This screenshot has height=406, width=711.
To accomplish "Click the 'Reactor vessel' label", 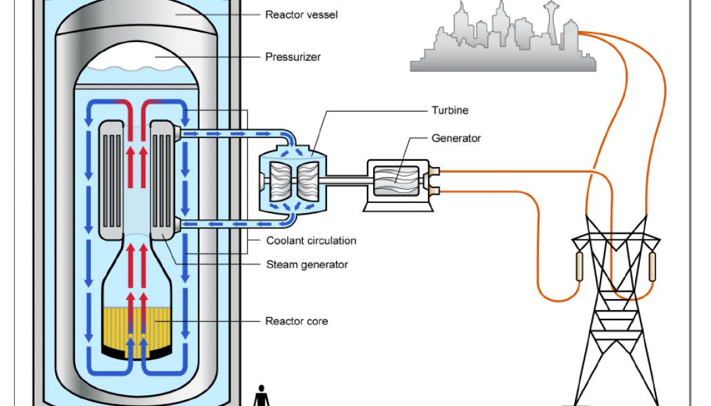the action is click(x=301, y=15).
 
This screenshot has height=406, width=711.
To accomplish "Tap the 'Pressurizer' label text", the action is click(x=293, y=57).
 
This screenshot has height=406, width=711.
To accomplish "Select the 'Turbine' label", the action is click(x=450, y=110).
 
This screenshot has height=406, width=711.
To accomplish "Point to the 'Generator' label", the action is click(x=456, y=138).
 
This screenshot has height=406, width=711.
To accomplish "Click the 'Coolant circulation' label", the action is click(x=311, y=241).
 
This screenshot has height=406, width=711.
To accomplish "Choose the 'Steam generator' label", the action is click(x=307, y=265).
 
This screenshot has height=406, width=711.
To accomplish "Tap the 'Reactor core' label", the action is click(x=296, y=321).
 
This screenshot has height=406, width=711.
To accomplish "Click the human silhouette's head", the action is click(x=261, y=388).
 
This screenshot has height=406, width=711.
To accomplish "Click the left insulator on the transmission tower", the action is click(x=579, y=267).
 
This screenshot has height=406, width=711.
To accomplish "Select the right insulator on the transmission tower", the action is click(x=652, y=267).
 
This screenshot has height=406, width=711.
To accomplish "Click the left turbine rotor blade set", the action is click(x=280, y=181).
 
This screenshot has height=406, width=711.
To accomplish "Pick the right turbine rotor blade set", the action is click(x=308, y=181).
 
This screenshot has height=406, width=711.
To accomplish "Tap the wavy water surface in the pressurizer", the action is click(x=137, y=69).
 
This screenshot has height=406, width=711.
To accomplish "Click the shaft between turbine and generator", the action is click(x=347, y=181).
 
